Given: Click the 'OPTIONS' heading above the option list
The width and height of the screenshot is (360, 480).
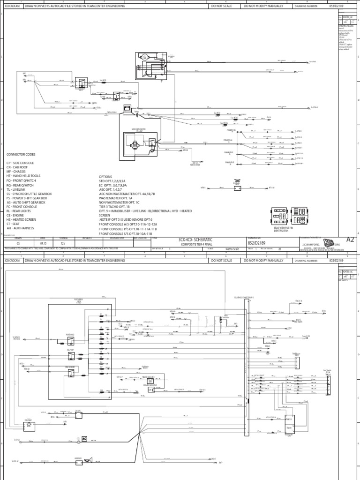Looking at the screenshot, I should click(105, 176).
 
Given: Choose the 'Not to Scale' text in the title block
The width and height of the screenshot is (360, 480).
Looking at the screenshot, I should click(232, 249).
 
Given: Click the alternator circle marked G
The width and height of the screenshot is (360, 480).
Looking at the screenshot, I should click(145, 58).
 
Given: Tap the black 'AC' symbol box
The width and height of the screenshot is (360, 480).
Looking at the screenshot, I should click(85, 439).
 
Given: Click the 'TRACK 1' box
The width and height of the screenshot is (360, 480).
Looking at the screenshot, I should click(289, 428).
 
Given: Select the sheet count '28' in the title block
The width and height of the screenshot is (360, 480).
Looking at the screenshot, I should click(280, 249).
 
